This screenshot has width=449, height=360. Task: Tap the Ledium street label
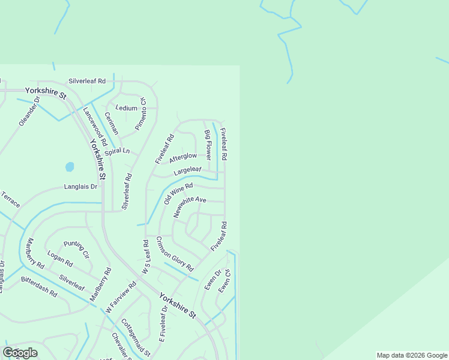126,109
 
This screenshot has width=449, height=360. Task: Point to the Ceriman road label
112,123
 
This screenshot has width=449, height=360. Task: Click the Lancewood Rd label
95,127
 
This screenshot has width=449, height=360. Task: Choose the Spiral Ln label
117,151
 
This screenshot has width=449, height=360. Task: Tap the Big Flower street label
208,145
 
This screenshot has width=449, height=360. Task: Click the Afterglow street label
183,157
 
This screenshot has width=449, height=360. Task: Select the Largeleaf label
187,171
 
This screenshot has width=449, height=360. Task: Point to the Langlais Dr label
80,187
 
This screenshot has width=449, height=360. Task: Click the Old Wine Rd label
178,194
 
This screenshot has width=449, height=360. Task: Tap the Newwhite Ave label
190,207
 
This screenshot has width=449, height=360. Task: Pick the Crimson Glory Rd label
175,253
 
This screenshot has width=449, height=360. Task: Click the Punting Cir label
76,249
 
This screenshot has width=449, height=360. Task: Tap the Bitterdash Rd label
38,287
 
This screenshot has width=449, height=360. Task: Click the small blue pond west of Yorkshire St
70,166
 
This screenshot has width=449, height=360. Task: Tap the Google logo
20,353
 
